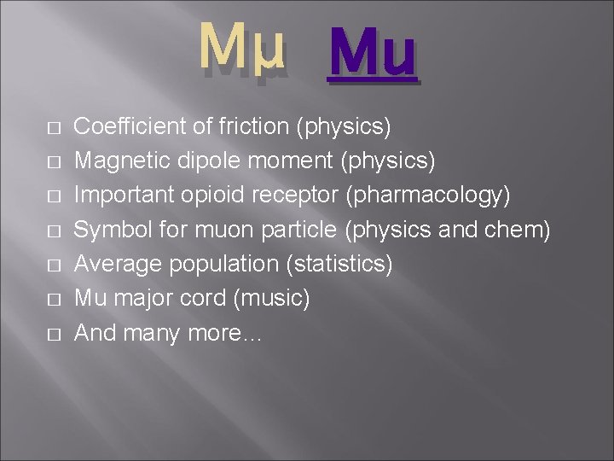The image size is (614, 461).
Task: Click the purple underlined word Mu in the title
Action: (x=373, y=53)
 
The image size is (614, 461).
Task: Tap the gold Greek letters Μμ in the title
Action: (x=243, y=50)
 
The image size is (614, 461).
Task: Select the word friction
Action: (x=251, y=127)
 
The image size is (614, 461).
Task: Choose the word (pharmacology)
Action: (x=429, y=195)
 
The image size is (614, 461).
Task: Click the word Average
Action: (x=118, y=265)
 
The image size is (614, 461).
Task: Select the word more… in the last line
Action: (x=231, y=334)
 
